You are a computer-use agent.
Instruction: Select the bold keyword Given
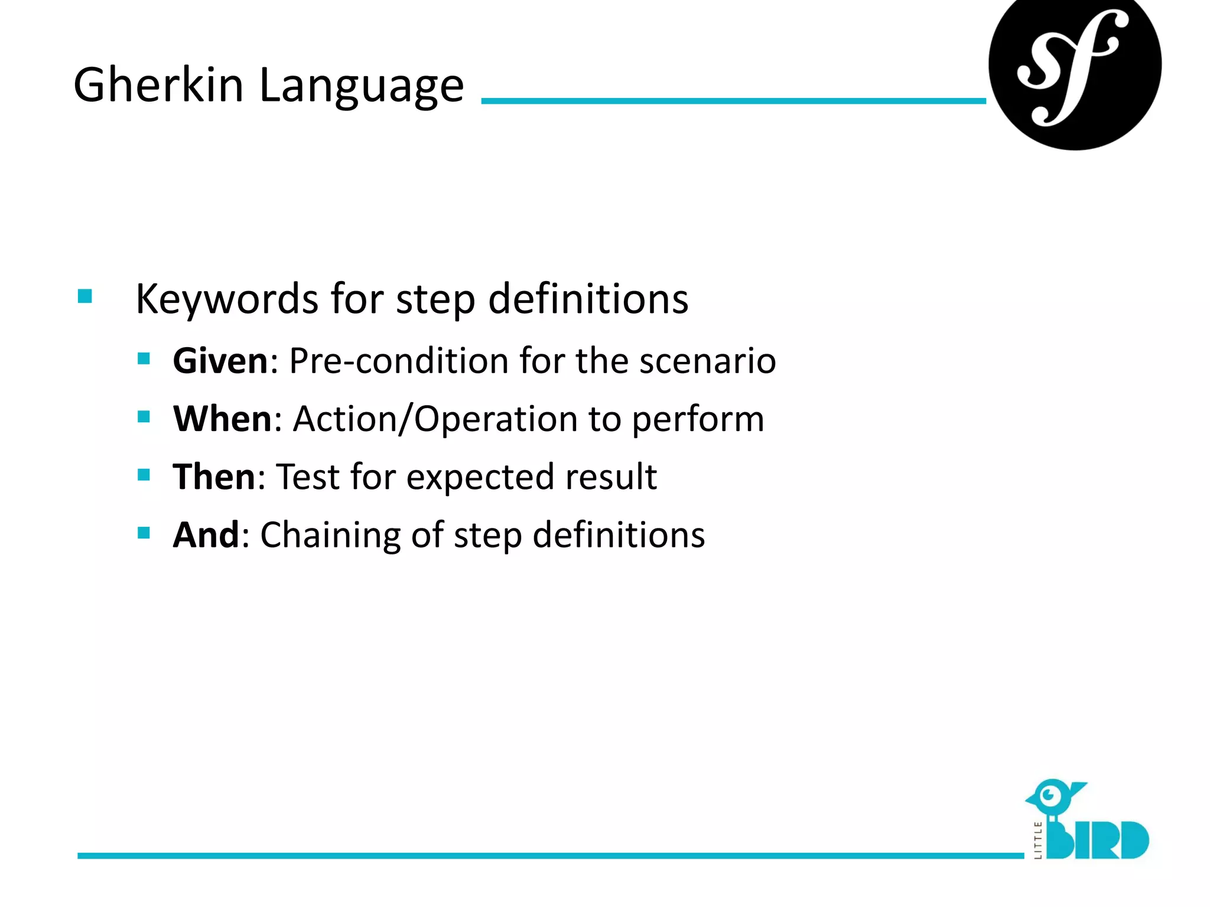(x=220, y=361)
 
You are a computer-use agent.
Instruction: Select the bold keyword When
(x=222, y=419)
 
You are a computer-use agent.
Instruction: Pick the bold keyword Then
(x=214, y=477)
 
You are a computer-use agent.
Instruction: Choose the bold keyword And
(x=206, y=535)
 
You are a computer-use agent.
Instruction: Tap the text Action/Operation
(x=435, y=419)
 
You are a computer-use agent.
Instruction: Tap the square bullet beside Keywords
(x=85, y=296)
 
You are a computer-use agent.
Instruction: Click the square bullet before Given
(x=144, y=358)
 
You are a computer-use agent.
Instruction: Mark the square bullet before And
(x=144, y=533)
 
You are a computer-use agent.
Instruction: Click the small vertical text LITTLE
(x=1038, y=840)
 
